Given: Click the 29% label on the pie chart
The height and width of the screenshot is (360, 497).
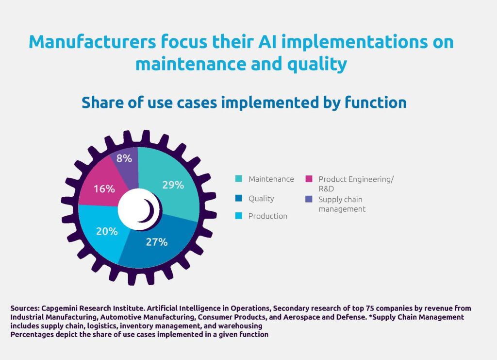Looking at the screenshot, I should tap(173, 185).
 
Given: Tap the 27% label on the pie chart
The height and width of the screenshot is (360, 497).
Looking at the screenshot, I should tap(157, 242).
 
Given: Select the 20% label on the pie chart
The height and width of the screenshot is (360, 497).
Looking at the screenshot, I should tap(107, 231).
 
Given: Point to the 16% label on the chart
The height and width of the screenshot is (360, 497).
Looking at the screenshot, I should tap(104, 189).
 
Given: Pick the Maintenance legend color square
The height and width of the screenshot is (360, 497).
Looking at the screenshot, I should tap(238, 179).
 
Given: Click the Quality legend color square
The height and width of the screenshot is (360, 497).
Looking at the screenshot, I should tap(238, 198).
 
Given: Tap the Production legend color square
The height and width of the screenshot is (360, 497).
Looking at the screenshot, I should tap(238, 216).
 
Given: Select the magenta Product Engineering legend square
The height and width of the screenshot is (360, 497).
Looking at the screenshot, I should tap(309, 179).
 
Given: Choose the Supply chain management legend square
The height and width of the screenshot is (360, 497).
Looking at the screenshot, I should tap(309, 199).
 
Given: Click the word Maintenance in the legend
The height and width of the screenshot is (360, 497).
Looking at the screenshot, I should tap(271, 179).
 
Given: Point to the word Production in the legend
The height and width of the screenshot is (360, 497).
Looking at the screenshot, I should tap(267, 216).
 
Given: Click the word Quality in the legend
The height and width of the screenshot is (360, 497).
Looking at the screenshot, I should tap(261, 199).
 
